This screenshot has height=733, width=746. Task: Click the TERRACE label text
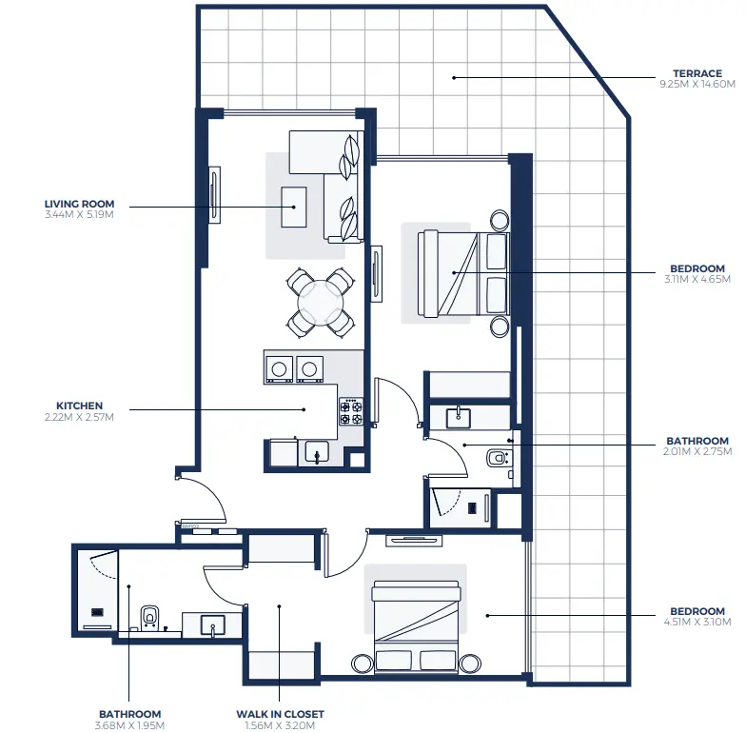pyautogui.click(x=697, y=73)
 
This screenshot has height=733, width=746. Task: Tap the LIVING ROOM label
pyautogui.click(x=79, y=204)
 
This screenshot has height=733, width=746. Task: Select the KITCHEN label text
pyautogui.click(x=79, y=406)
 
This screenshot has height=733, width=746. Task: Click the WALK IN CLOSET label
pyautogui.click(x=280, y=714)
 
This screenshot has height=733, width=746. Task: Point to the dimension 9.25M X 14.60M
pyautogui.click(x=697, y=85)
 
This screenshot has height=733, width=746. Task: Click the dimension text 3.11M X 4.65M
pyautogui.click(x=697, y=280)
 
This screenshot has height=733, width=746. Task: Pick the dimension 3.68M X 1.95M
pyautogui.click(x=129, y=725)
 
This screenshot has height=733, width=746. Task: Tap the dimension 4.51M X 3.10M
pyautogui.click(x=697, y=623)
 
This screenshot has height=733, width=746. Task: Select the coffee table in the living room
pyautogui.click(x=293, y=207)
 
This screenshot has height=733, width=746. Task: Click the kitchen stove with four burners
pyautogui.click(x=350, y=412)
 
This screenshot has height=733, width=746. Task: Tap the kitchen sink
pyautogui.click(x=314, y=450)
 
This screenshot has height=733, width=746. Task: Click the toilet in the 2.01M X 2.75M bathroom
pyautogui.click(x=499, y=459)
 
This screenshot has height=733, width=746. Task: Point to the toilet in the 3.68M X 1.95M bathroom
pyautogui.click(x=149, y=617)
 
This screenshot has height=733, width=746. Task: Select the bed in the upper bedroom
pyautogui.click(x=454, y=272)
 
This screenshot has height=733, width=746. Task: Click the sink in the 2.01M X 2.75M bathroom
pyautogui.click(x=459, y=416)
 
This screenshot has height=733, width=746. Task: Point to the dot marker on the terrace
pyautogui.click(x=454, y=77)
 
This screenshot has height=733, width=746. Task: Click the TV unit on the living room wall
pyautogui.click(x=214, y=196)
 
